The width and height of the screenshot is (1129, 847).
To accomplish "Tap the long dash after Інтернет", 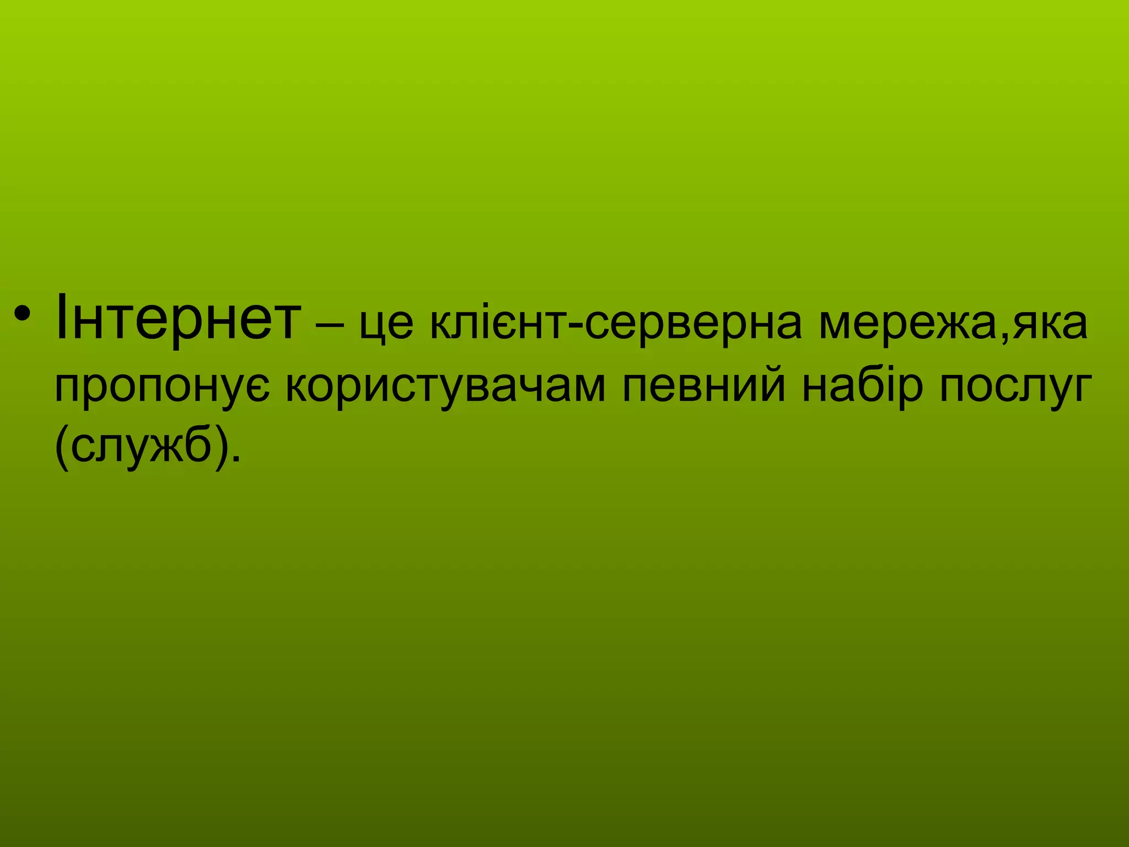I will click(330, 325).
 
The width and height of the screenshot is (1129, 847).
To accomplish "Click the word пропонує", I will click(163, 387).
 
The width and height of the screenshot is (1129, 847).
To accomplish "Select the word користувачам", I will click(445, 387).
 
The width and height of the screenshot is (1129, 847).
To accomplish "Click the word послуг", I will click(1015, 387).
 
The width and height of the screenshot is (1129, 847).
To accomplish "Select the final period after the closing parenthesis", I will click(236, 460).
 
